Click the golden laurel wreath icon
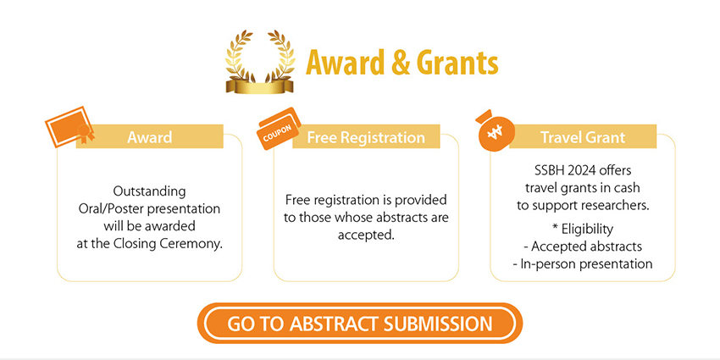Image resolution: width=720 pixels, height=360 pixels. (260, 62)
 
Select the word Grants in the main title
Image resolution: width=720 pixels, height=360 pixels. (458, 63)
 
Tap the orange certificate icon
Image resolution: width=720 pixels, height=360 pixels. (69, 127)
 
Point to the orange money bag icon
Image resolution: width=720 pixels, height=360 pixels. (494, 130)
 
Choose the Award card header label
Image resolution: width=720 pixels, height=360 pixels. (150, 137)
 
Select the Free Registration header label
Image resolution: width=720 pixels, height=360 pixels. (366, 137)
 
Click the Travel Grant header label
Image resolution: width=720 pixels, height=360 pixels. (583, 137)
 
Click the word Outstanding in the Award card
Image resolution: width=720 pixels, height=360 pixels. (149, 191)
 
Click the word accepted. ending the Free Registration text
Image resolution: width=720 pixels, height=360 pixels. (367, 235)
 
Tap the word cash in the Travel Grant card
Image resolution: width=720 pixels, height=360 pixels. (628, 188)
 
